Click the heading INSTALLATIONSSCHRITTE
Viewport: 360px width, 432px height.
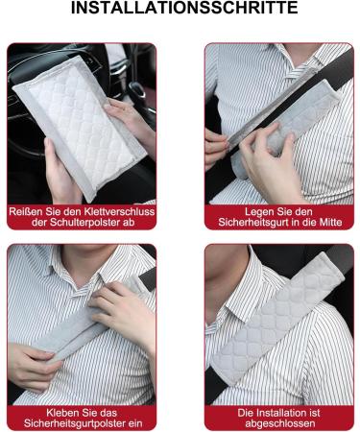pyautogui.click(x=180, y=10)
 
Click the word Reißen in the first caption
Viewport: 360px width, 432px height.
pyautogui.click(x=28, y=210)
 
